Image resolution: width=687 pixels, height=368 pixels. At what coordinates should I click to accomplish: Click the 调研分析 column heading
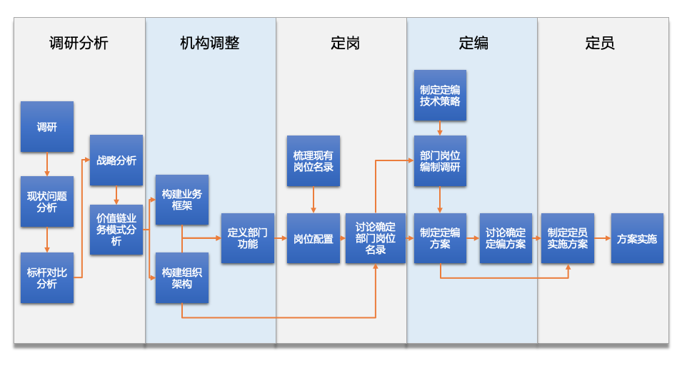(x=79, y=44)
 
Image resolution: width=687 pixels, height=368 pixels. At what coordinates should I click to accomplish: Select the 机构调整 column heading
(x=210, y=44)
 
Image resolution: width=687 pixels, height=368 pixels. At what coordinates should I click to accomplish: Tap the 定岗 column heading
(x=345, y=44)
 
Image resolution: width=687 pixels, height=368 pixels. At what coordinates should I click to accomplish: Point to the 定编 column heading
(x=473, y=44)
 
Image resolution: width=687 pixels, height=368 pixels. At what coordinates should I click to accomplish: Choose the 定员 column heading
(x=600, y=44)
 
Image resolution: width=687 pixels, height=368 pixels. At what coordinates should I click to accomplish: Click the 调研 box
(x=47, y=127)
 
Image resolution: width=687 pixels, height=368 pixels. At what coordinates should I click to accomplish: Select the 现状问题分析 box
(x=47, y=202)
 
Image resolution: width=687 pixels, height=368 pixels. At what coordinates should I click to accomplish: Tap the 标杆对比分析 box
(x=47, y=277)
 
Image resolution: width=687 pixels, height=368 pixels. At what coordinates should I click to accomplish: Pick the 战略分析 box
(x=116, y=160)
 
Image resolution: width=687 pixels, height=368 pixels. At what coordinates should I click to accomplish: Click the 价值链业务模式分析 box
(x=116, y=230)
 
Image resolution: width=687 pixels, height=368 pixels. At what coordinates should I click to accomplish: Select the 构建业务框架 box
(x=182, y=200)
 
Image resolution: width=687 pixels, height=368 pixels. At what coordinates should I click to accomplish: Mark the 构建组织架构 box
(x=182, y=277)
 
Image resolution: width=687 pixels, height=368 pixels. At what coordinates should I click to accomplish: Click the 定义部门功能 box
(x=247, y=238)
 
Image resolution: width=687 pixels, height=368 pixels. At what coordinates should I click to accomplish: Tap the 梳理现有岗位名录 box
(x=313, y=161)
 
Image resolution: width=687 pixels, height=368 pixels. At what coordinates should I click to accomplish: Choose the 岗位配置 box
(x=313, y=238)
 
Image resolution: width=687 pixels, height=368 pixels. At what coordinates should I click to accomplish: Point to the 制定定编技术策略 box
(x=440, y=96)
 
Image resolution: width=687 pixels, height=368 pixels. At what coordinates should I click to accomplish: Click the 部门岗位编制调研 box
(x=440, y=161)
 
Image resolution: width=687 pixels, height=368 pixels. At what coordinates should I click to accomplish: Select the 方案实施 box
(x=637, y=238)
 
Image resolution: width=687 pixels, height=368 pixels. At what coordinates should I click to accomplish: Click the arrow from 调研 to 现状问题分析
(x=47, y=164)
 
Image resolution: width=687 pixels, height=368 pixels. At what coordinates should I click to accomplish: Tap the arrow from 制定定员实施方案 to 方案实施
(x=602, y=238)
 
